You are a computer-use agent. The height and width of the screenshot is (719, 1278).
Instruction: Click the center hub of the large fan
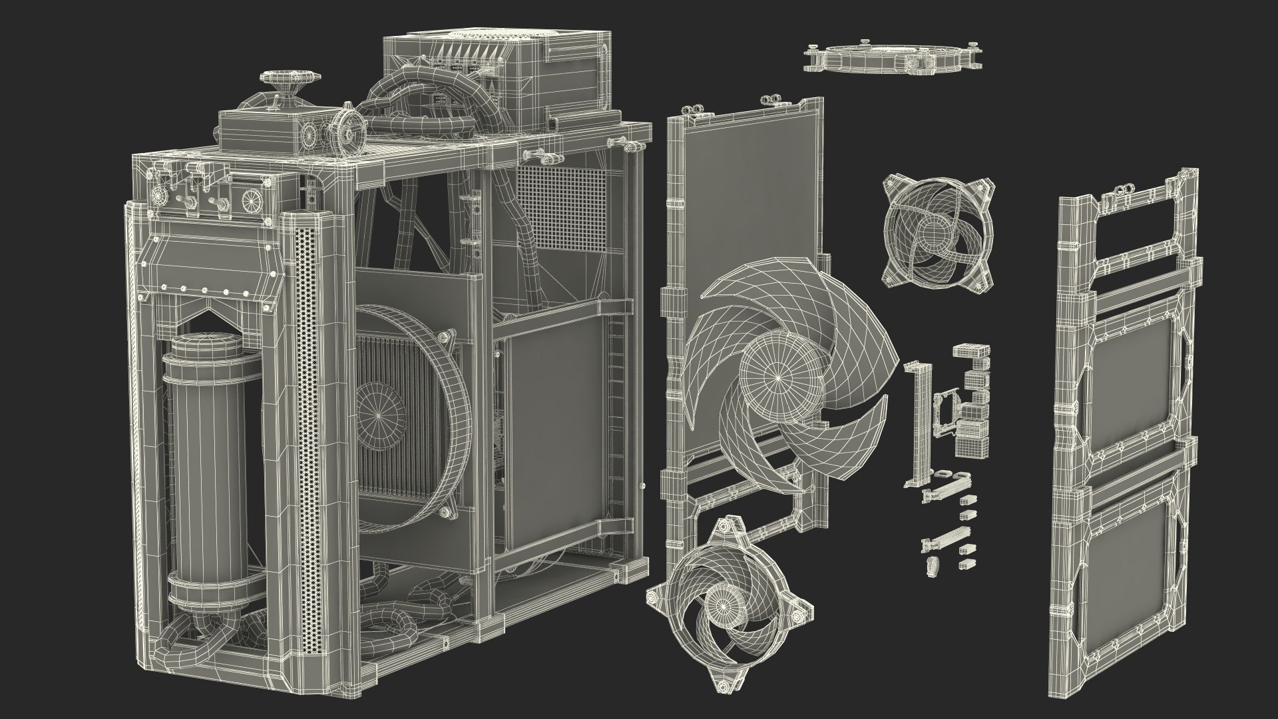pyautogui.click(x=777, y=377)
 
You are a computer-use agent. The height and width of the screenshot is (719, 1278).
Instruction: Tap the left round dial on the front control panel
pyautogui.click(x=160, y=196)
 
